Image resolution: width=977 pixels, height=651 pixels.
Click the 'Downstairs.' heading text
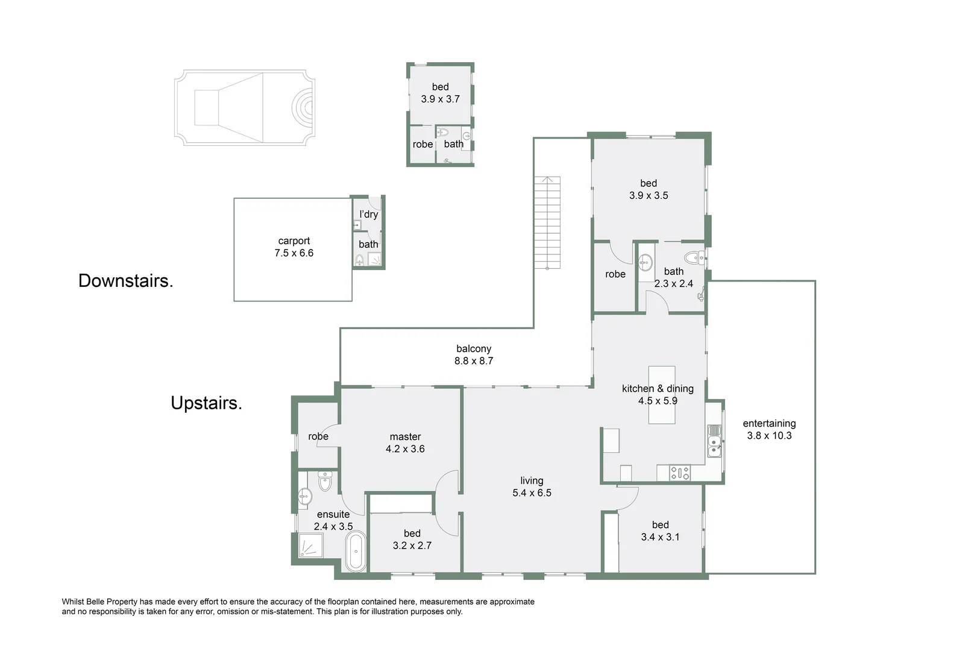125,281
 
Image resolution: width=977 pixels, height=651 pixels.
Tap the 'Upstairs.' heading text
206,403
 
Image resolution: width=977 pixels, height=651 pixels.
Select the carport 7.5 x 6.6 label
294,247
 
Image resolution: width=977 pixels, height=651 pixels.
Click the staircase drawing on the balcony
547,222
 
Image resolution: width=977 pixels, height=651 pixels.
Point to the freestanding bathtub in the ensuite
355,552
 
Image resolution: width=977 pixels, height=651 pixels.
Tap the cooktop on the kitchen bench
680,473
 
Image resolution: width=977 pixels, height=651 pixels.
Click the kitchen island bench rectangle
661,395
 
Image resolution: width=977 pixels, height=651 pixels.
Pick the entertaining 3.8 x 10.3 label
769,430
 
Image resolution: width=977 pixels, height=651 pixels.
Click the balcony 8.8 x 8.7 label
474,355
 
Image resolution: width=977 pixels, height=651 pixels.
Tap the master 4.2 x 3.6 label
405,443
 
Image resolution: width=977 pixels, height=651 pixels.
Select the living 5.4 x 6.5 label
532,487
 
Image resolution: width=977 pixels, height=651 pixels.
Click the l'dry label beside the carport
369,215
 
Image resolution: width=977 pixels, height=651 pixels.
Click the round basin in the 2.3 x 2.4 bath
646,262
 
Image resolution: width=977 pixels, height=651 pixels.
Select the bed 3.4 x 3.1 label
660,531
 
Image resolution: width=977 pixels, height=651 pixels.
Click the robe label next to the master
318,436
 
